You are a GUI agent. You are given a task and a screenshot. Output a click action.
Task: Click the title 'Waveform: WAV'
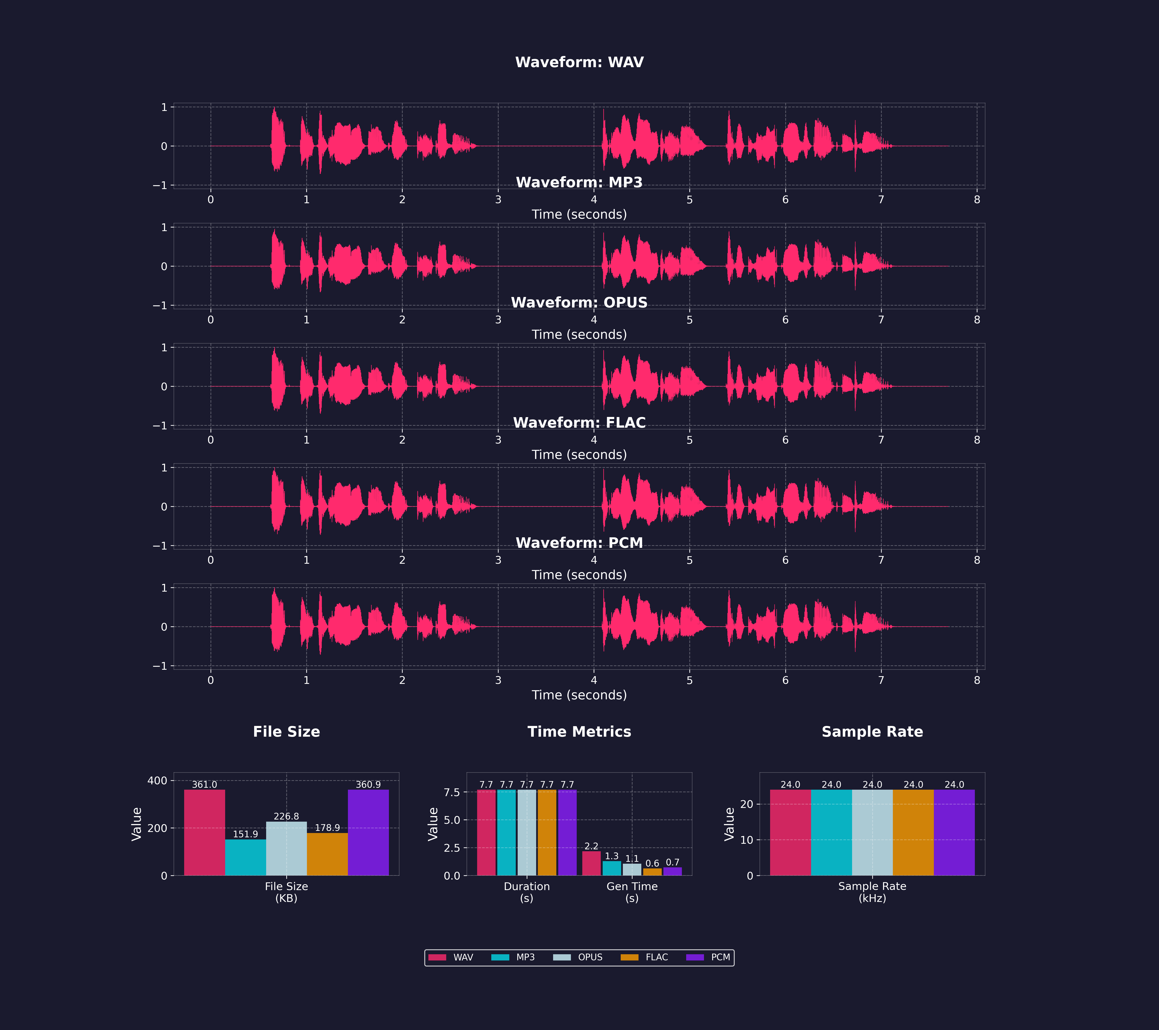point(579,62)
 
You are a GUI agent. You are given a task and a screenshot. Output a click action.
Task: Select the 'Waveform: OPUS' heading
point(579,303)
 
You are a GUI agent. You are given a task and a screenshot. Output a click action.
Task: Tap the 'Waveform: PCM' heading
point(579,543)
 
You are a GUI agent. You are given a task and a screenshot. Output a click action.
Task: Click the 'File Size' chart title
point(286,732)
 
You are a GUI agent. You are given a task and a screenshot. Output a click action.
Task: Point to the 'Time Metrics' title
point(579,732)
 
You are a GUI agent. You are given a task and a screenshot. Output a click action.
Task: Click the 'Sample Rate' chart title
point(872,732)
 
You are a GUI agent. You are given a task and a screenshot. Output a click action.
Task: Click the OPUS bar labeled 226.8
point(286,849)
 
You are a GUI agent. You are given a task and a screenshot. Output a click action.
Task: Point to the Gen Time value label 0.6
point(652,863)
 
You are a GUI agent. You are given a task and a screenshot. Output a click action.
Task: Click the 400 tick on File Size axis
point(157,781)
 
